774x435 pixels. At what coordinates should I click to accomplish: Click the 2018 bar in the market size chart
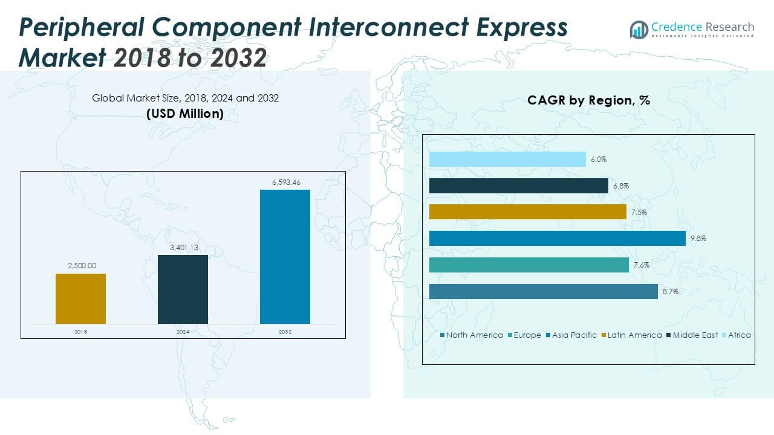(80, 298)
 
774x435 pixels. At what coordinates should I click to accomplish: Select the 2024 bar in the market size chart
(183, 289)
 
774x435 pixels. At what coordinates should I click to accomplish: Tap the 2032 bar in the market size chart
(285, 257)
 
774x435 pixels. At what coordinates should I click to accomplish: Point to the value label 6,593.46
(285, 182)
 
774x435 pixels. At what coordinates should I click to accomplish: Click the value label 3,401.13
(183, 247)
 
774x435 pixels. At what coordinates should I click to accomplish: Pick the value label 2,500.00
(80, 266)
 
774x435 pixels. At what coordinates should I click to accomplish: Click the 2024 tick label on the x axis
(183, 332)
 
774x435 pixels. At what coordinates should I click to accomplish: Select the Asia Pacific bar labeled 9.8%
(557, 239)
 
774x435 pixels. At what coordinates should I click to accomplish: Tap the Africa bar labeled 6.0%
(507, 159)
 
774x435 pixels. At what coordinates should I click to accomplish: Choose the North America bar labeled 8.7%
(543, 291)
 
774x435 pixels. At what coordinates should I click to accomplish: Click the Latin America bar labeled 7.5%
(527, 212)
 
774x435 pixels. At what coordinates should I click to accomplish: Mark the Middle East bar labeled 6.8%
(518, 186)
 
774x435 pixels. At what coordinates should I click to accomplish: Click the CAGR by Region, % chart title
(588, 100)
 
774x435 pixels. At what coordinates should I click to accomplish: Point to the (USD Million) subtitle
(185, 114)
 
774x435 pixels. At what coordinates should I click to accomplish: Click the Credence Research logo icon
(639, 29)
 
